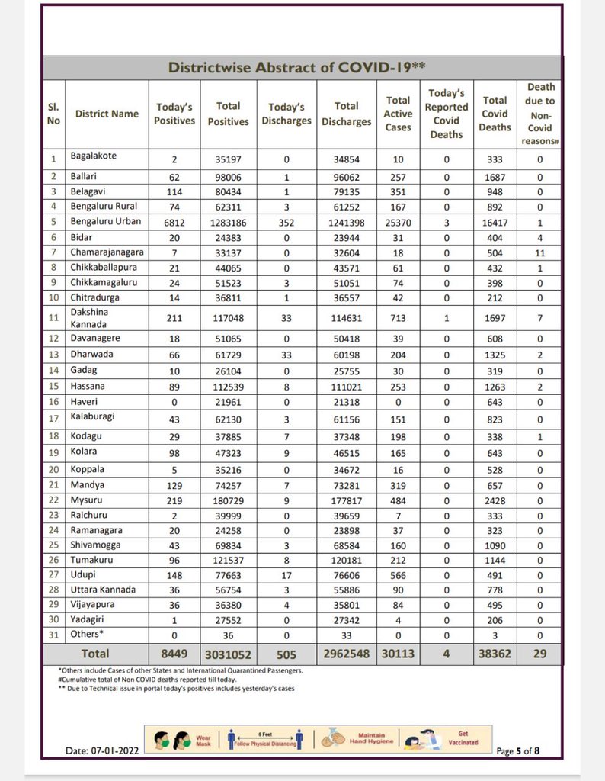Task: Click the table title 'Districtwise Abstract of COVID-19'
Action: tap(296, 67)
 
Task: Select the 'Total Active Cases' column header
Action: tap(398, 114)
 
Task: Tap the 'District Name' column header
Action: tap(107, 114)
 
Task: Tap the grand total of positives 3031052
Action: tap(228, 654)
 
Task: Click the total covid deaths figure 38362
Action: tap(495, 654)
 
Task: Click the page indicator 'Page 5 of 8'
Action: tap(517, 751)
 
